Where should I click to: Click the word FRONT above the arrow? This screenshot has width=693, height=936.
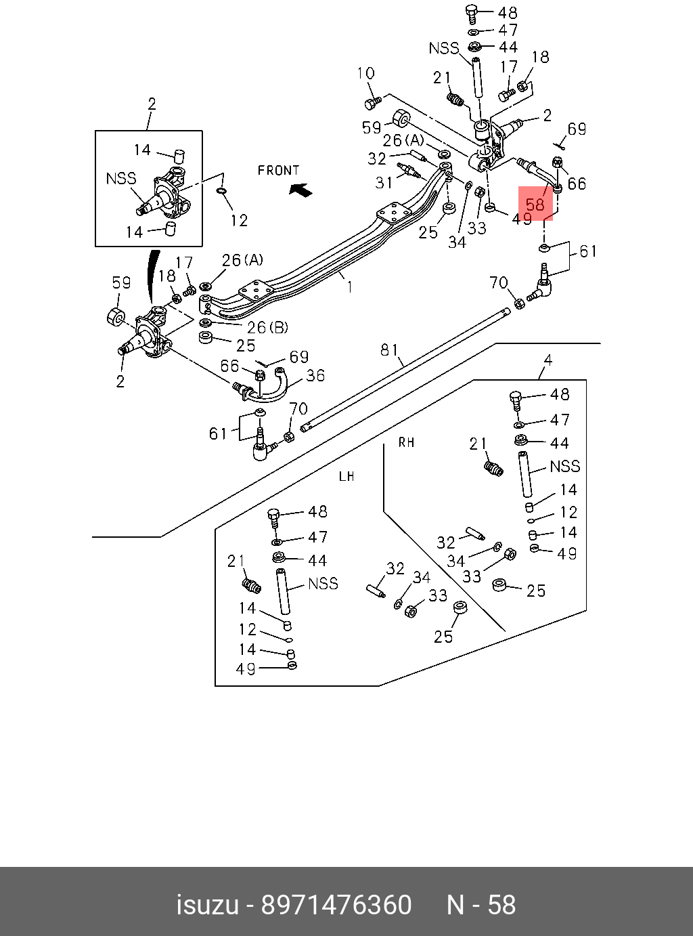pos(278,170)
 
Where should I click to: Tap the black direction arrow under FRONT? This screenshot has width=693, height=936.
pos(301,190)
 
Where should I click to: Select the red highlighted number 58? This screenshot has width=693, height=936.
pos(535,204)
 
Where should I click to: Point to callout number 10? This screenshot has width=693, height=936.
pos(365,74)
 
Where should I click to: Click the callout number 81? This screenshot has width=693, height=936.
pos(389,349)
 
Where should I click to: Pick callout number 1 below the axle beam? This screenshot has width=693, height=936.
pos(350,287)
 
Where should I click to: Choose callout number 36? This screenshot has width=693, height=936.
pos(315,375)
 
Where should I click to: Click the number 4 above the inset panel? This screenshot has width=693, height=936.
pos(548,360)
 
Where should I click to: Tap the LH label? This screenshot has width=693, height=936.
pos(346,477)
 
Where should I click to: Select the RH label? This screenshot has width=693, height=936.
pos(406,443)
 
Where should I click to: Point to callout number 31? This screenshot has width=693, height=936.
pos(384,182)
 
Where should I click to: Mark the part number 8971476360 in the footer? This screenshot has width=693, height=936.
pos(336,906)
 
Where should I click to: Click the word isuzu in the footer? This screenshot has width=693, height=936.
pos(208,906)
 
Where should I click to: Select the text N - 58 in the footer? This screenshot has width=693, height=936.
pos(481,906)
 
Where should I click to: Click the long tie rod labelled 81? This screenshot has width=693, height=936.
pos(406,369)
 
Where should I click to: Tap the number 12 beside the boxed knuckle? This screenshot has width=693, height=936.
pos(239,220)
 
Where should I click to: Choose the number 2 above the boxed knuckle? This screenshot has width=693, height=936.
pos(152,104)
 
